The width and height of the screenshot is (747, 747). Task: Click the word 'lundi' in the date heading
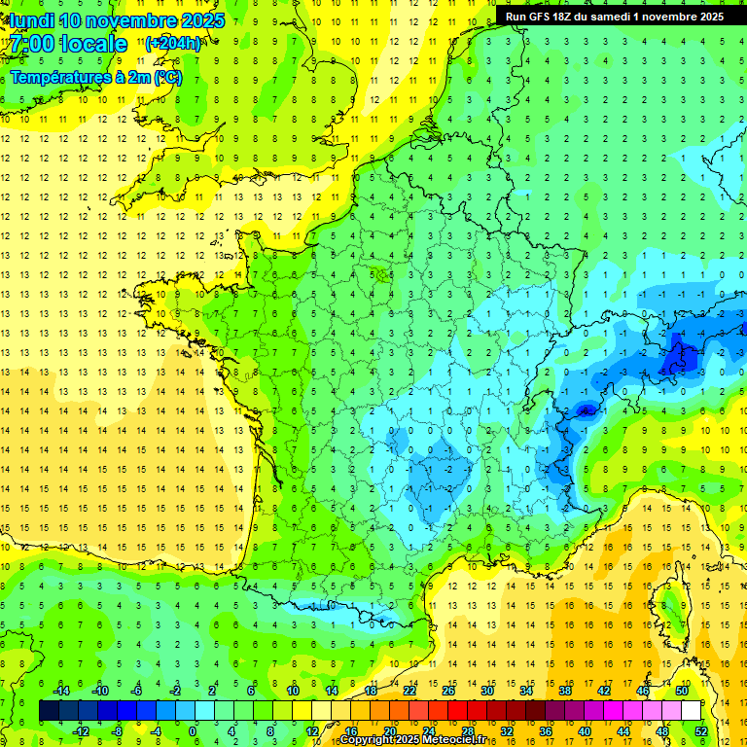(x=32, y=20)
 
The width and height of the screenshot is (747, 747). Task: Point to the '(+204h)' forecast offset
(x=173, y=43)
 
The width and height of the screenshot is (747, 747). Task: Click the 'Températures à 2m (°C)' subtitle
(x=95, y=78)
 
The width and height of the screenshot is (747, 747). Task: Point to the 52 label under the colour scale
(x=701, y=730)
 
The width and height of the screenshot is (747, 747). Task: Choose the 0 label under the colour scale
(x=193, y=730)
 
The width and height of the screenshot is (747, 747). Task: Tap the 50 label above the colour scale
(x=682, y=691)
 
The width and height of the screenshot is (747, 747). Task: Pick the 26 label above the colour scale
(x=448, y=691)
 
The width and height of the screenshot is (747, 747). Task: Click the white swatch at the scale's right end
(x=692, y=711)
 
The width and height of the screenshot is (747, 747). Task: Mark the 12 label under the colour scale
(x=311, y=730)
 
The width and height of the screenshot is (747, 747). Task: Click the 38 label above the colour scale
(x=565, y=691)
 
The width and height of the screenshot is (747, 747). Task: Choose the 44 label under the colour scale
(x=623, y=730)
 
